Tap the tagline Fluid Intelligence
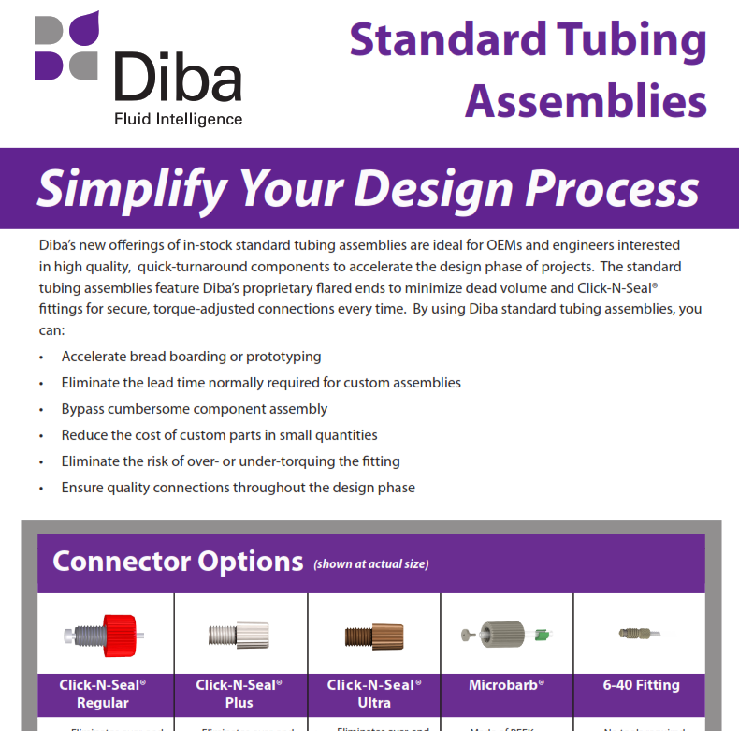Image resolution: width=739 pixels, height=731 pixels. tap(178, 119)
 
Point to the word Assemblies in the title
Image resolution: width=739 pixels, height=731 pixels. tap(586, 100)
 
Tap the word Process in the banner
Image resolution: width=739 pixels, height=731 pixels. tap(611, 188)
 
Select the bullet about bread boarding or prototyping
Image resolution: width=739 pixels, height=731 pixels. tap(191, 357)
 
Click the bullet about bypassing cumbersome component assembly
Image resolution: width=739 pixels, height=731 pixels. tap(195, 409)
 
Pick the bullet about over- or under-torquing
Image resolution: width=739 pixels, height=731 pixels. tap(230, 461)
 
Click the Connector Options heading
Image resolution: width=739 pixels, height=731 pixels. tap(178, 562)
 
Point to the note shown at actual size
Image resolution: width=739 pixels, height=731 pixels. tap(371, 564)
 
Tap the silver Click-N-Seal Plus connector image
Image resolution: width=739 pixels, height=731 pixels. tap(239, 635)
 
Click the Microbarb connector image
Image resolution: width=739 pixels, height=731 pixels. tap(506, 635)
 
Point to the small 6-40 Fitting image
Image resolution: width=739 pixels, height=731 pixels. tap(640, 635)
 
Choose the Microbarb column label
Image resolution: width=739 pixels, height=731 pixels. tap(506, 685)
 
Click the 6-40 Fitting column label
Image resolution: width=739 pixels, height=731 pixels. tap(641, 685)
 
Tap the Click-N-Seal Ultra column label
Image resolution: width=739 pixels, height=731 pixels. tap(373, 694)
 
